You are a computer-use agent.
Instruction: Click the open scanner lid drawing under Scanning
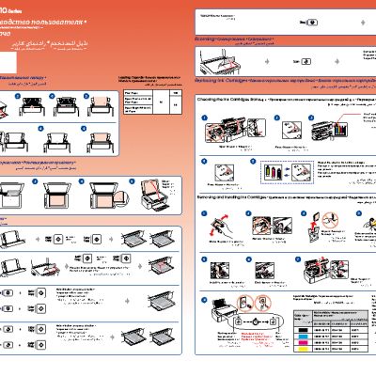[227, 67]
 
